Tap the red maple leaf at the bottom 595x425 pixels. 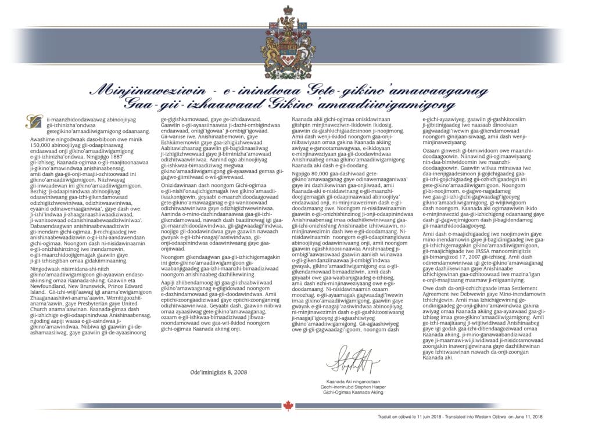point(288,406)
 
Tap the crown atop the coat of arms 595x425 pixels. point(288,11)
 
